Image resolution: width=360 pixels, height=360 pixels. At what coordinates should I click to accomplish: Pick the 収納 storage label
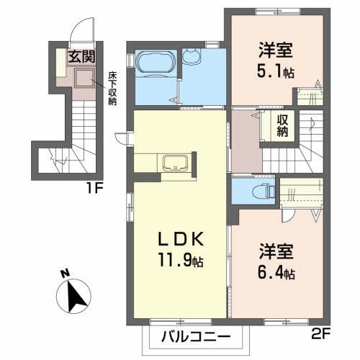[284, 127]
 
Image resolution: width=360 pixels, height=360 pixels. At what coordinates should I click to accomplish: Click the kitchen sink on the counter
[174, 163]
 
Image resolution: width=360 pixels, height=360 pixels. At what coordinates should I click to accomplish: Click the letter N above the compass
[66, 274]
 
